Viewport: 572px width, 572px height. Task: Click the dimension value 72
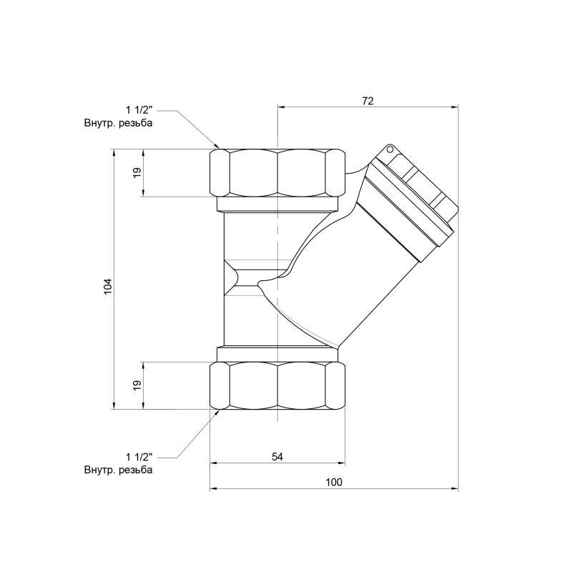coord(368,101)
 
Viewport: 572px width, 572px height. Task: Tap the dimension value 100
coord(334,483)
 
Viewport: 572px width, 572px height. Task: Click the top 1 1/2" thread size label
coord(139,110)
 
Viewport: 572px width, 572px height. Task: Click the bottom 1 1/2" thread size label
coord(139,457)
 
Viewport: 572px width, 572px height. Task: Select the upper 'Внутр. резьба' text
coord(118,123)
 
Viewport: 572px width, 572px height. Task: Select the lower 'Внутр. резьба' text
coord(118,470)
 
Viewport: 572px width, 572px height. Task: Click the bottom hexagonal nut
coord(277,385)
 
